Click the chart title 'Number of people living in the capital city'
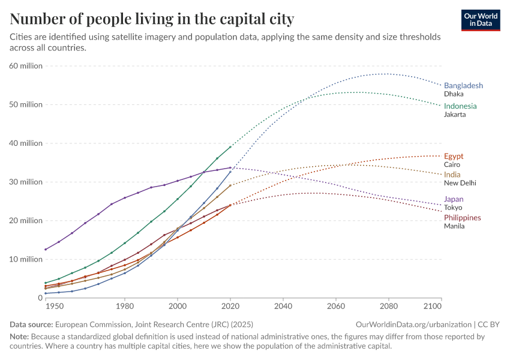point(152,19)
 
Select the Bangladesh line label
point(463,86)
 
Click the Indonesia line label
point(460,106)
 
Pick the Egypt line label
point(454,156)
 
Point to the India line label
point(452,175)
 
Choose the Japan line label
point(454,199)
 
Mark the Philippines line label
point(462,218)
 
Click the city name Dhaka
point(454,94)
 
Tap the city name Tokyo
point(453,208)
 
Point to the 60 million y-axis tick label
point(26,66)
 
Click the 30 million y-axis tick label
point(26,182)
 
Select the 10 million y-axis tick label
point(26,259)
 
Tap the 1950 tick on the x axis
point(54,306)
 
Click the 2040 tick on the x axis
point(283,306)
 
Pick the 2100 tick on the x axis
point(441,306)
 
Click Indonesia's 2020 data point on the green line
point(230,147)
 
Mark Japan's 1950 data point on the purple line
point(46,249)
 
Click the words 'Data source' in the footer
point(31,325)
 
